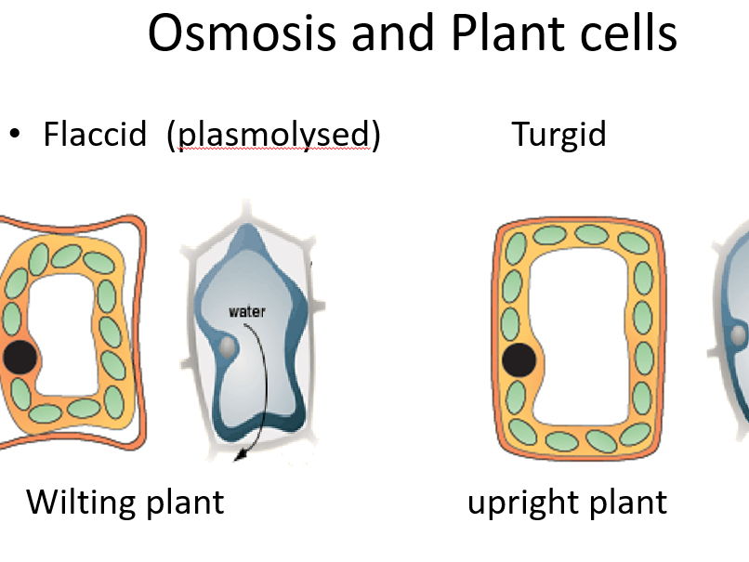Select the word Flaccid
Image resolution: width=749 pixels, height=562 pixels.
tap(95, 135)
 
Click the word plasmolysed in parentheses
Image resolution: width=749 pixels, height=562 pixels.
tap(274, 136)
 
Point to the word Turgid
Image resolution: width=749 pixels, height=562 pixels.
tap(558, 135)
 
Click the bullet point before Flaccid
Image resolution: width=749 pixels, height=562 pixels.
tap(14, 135)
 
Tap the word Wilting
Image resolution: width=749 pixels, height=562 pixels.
tap(79, 503)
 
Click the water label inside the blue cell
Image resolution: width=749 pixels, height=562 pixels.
tap(246, 311)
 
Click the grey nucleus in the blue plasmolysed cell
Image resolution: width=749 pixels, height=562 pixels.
tap(228, 346)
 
